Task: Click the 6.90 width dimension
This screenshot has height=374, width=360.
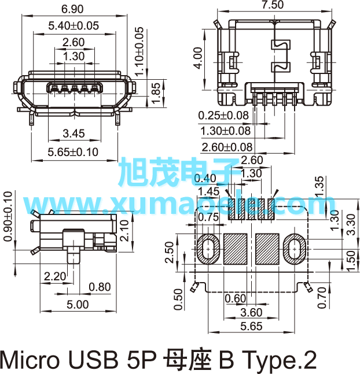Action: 72,9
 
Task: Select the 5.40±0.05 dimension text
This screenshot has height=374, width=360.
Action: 74,25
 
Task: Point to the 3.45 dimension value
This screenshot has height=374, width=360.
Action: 74,134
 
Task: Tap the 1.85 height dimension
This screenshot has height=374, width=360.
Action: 156,93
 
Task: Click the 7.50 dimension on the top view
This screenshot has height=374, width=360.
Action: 273,5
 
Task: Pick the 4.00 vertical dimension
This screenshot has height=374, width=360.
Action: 198,58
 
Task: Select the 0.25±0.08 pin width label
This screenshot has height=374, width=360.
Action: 223,116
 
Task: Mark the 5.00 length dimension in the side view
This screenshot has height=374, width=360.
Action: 78,305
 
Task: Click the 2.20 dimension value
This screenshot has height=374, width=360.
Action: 55,276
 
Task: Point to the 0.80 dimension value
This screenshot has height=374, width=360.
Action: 100,287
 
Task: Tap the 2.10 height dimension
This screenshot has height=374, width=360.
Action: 124,231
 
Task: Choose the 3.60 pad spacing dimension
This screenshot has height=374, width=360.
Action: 251,313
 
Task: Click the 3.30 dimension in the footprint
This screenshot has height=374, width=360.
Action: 351,224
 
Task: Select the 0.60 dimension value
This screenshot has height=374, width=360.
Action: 236,299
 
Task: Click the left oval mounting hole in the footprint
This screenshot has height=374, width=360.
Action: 208,249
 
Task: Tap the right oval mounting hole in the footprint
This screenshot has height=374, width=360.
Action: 295,249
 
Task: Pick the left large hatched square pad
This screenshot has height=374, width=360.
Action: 236,249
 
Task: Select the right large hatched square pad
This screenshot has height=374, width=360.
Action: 267,249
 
